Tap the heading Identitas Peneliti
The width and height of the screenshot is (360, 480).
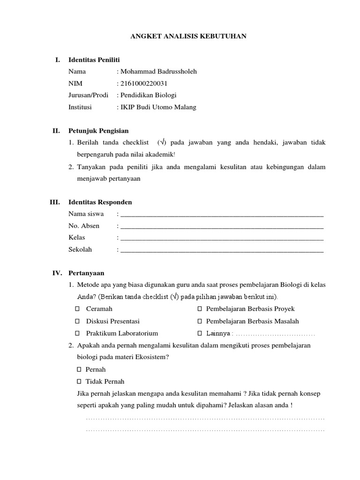94,60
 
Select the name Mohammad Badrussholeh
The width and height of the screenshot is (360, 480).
159,72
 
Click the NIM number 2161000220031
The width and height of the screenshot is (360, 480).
144,83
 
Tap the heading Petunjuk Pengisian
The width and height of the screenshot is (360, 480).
98,130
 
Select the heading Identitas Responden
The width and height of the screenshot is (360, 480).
100,202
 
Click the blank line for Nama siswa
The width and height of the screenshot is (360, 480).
222,215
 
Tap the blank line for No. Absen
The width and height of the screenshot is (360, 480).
222,226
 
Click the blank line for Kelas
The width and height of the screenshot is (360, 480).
222,238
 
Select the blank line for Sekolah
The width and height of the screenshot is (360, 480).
222,250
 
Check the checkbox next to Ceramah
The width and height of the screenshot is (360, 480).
78,309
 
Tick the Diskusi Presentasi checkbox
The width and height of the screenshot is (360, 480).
78,322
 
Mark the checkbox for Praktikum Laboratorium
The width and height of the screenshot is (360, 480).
78,333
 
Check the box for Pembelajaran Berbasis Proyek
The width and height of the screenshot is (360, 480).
200,309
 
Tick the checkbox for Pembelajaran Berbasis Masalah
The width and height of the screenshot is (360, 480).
200,322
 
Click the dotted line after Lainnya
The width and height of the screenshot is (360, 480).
274,334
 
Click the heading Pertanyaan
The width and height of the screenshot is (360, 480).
86,273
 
